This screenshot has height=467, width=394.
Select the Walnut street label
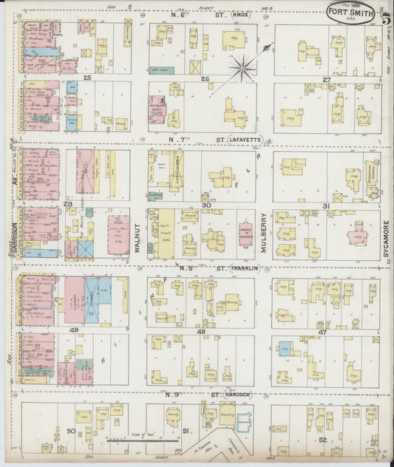[x=138, y=234]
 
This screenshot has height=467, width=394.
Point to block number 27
[x=326, y=79]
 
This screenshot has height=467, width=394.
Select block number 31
[x=325, y=205]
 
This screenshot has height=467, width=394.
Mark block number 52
[x=323, y=440]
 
